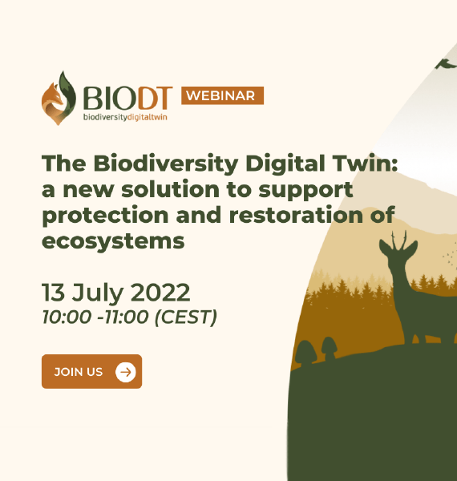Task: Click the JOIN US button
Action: coord(91,371)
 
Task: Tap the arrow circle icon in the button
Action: coord(125,372)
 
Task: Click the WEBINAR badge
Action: coord(222,95)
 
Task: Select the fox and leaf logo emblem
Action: coord(59,98)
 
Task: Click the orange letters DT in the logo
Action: coord(156,98)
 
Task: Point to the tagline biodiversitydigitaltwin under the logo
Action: coord(125,117)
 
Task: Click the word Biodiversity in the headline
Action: coord(166,164)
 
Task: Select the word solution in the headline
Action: coord(170,189)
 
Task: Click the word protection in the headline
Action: coord(105,216)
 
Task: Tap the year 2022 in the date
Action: coord(160,293)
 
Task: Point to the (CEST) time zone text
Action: coord(186,317)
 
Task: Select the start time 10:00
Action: coord(67,317)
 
